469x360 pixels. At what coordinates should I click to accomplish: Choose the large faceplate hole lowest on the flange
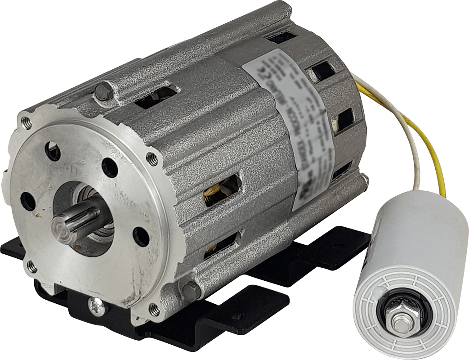point(141,236)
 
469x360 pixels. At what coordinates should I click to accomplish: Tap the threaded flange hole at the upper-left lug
point(26,121)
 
